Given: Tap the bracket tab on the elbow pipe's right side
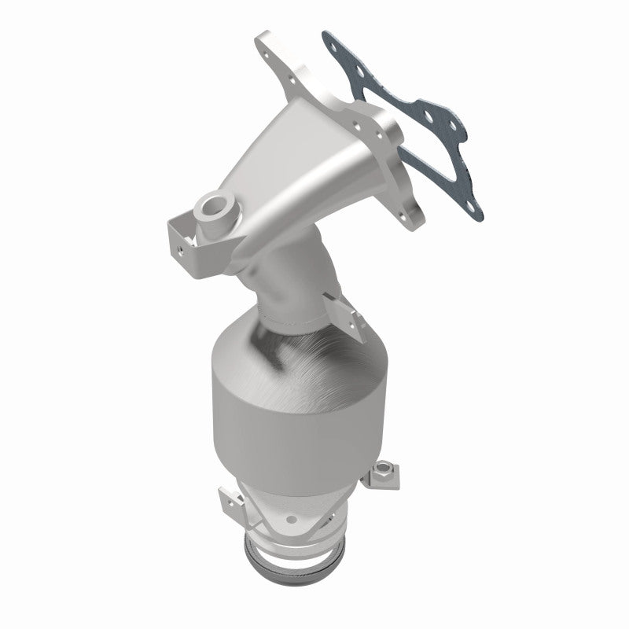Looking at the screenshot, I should [346, 314].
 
